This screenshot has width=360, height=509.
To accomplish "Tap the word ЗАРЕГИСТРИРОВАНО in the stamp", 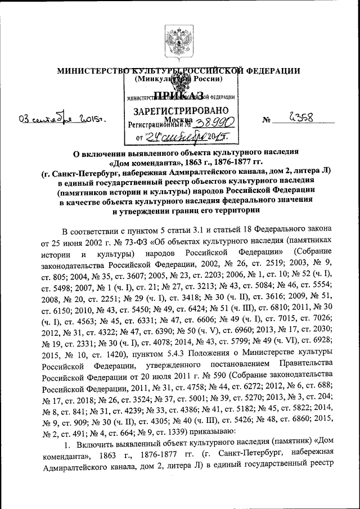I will click(180, 110).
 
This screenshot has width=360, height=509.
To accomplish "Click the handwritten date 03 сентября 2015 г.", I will click(62, 119).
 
